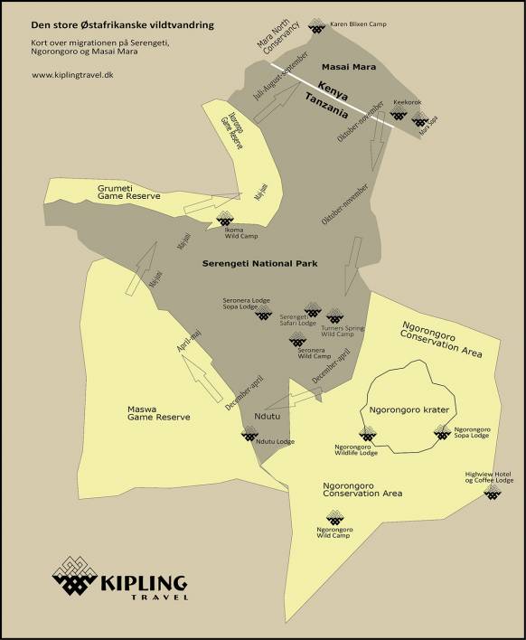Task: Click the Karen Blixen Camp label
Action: [x=358, y=24]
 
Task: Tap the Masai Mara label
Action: [x=349, y=68]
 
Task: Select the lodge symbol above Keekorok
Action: [x=398, y=117]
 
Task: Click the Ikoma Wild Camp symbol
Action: [x=226, y=218]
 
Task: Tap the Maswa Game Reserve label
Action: [x=159, y=412]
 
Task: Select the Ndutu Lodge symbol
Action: [x=249, y=435]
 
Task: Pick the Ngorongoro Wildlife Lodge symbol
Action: [x=367, y=435]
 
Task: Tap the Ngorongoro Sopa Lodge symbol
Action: [x=442, y=433]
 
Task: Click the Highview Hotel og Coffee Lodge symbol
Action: [x=492, y=492]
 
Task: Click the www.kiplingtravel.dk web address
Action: [x=71, y=75]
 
